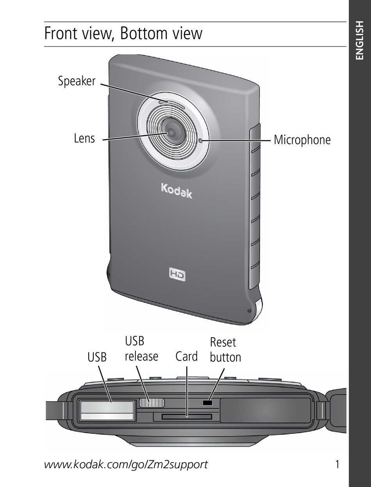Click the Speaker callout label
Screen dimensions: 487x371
[x=77, y=81]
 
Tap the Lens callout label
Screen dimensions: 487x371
[x=84, y=138]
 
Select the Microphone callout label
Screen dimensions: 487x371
[x=302, y=140]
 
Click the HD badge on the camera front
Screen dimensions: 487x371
[x=177, y=274]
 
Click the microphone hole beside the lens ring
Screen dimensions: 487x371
[x=201, y=140]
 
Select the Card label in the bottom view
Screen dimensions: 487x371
[x=186, y=356]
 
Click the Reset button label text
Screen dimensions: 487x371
[x=225, y=350]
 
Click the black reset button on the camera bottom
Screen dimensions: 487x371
[x=207, y=402]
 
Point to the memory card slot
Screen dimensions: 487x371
[x=187, y=417]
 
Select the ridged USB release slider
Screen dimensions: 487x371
[x=152, y=403]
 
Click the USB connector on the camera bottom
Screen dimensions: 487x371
[x=107, y=411]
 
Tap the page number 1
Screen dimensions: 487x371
[x=337, y=464]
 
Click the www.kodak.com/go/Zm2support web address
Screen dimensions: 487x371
[x=126, y=464]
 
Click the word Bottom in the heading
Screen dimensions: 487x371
[x=142, y=34]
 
